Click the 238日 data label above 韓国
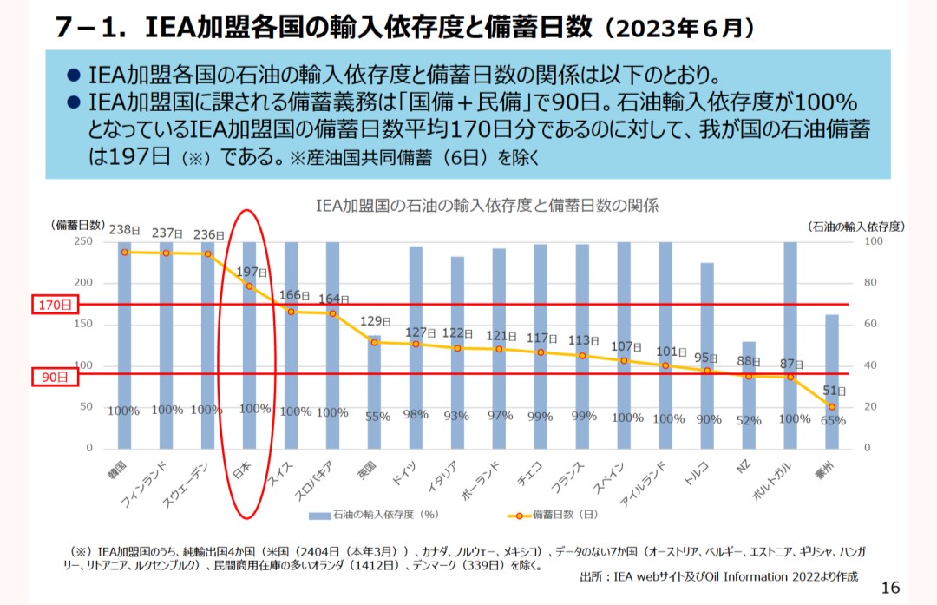click(x=124, y=230)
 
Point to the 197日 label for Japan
click(x=252, y=272)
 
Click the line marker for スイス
click(x=291, y=312)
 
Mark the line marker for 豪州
click(x=831, y=406)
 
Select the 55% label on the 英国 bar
click(x=377, y=417)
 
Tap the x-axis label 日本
click(x=244, y=474)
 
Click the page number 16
click(x=890, y=588)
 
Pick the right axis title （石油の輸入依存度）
click(x=856, y=226)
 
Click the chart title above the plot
click(x=486, y=206)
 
